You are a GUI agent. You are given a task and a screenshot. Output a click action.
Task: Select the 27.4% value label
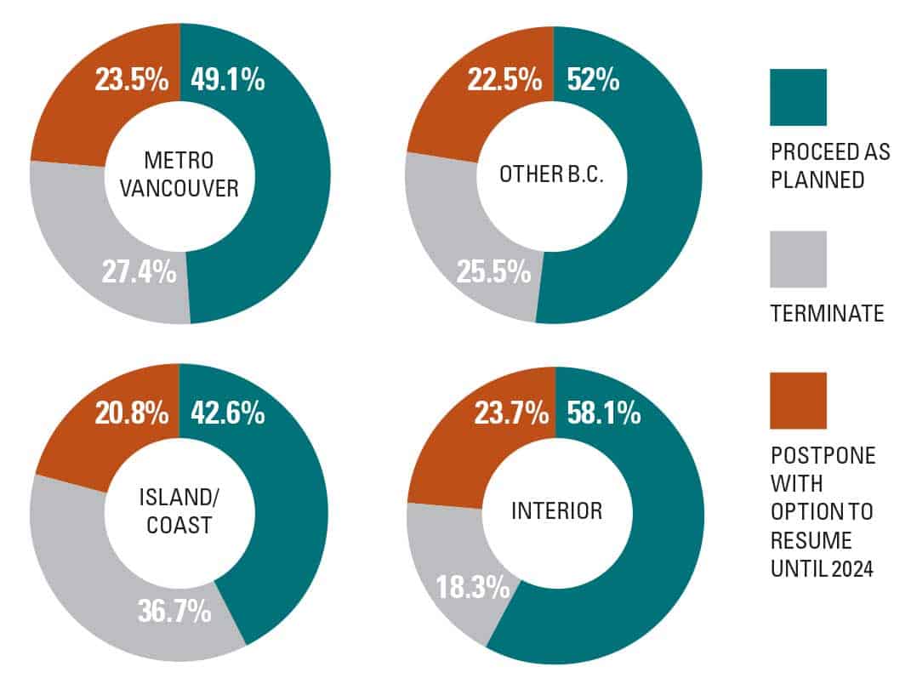tap(139, 273)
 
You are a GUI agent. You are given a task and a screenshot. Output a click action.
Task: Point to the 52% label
tap(589, 82)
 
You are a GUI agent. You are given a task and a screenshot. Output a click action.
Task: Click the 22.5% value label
tap(504, 82)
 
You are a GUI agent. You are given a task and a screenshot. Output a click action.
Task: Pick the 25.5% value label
tap(493, 273)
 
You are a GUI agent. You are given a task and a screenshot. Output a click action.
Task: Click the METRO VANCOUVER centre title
tap(178, 174)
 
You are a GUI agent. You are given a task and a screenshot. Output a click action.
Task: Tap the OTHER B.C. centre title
tap(552, 174)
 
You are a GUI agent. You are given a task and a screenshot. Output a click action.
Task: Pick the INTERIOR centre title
tap(555, 511)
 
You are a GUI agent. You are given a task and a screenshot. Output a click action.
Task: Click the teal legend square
tap(797, 97)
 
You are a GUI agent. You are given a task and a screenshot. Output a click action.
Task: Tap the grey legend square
tap(797, 259)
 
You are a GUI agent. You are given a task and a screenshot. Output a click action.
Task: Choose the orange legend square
tap(797, 400)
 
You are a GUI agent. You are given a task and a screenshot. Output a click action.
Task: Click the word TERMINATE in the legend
tap(827, 315)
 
